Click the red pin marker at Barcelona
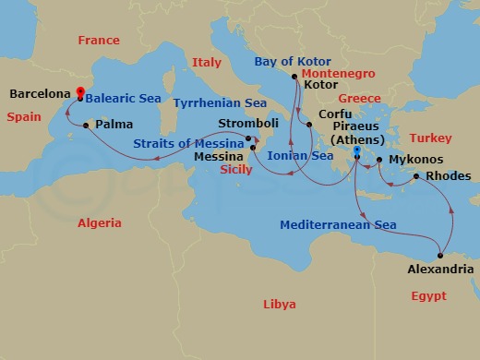(x=80, y=92)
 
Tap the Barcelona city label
(x=41, y=93)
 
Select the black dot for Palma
(x=86, y=125)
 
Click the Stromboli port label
(x=247, y=123)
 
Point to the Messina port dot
(x=254, y=148)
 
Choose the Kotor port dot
(x=294, y=77)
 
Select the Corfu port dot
(x=309, y=114)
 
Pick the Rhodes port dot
(x=416, y=176)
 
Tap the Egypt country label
(x=428, y=296)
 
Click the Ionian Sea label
(x=300, y=156)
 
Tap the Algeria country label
(x=100, y=223)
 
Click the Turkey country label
(x=430, y=138)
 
